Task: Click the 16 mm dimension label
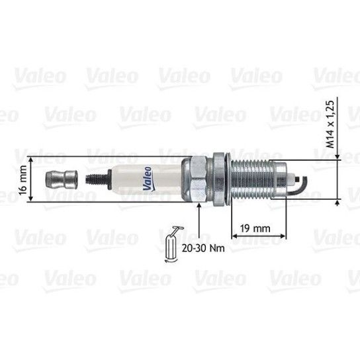point(23,180)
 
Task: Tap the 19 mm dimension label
point(255,228)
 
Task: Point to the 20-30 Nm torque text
point(203,248)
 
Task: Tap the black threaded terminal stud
point(97,179)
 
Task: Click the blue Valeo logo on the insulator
point(148,179)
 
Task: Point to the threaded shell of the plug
point(253,179)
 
